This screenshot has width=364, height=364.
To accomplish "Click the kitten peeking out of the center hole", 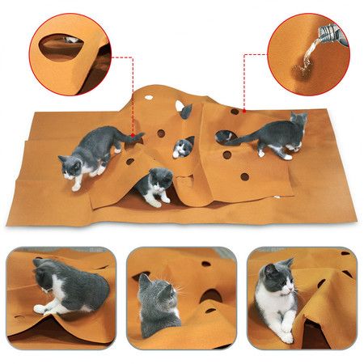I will (x=184, y=146).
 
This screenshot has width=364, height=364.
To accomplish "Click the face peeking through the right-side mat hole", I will (x=228, y=134).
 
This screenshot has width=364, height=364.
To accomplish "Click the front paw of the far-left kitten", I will (x=77, y=186).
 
